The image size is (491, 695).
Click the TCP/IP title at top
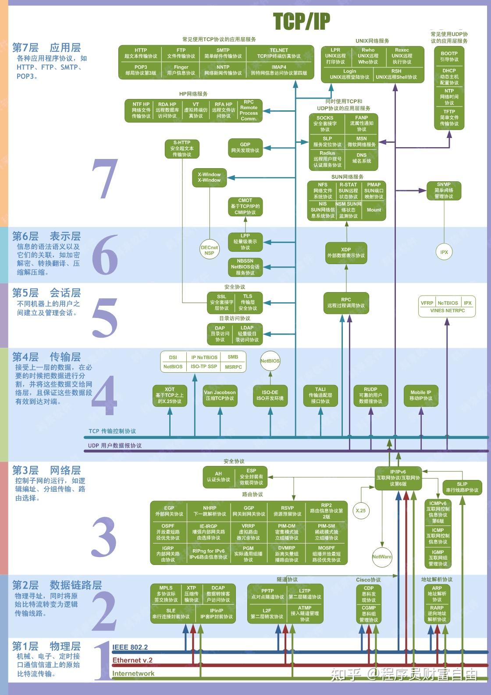tap(301, 21)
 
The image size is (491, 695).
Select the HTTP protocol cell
tap(141, 53)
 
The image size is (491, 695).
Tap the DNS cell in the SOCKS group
tap(361, 158)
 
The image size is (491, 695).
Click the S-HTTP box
tap(181, 148)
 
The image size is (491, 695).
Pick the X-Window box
tap(209, 177)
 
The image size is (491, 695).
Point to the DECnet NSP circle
tap(209, 250)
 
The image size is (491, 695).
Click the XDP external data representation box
tap(346, 253)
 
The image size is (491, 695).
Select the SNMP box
tap(444, 191)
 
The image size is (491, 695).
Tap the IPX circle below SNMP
tap(444, 252)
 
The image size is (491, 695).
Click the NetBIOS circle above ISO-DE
tap(270, 361)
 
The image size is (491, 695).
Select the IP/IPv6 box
tap(398, 478)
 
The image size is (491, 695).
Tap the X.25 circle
tap(361, 511)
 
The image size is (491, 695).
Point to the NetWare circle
tap(382, 557)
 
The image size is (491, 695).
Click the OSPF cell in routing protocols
tap(168, 532)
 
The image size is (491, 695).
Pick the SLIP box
tap(462, 487)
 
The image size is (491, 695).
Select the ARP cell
tap(437, 594)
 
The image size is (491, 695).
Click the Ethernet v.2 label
tap(132, 660)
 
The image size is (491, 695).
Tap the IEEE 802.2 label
tap(130, 647)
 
